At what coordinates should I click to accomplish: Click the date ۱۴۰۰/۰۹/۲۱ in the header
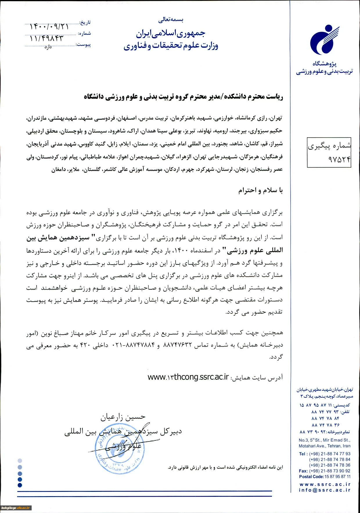[x=49, y=27]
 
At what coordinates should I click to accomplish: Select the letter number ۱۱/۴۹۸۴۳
[x=46, y=38]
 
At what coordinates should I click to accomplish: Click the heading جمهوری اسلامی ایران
[x=171, y=34]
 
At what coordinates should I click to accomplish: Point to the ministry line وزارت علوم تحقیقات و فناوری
[x=171, y=46]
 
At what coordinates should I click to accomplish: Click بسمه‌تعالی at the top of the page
[x=171, y=20]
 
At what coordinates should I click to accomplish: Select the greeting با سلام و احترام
[x=260, y=190]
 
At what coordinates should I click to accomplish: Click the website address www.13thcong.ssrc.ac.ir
[x=188, y=377]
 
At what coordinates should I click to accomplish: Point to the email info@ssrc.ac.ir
[x=325, y=490]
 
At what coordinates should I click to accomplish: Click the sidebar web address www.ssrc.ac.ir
[x=325, y=484]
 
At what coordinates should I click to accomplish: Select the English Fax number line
[x=325, y=471]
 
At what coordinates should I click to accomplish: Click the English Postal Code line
[x=325, y=476]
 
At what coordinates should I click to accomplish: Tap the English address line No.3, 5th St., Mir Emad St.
[x=325, y=440]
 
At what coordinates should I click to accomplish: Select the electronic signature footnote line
[x=225, y=467]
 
